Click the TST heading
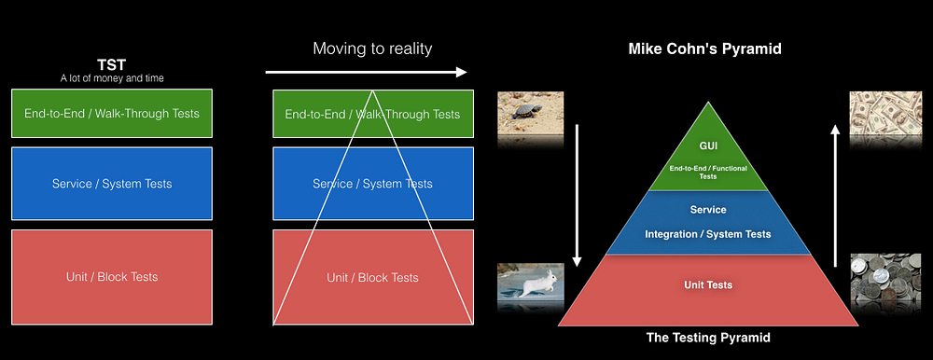pos(112,65)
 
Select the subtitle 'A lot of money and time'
pos(112,78)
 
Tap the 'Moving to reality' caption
pos(372,48)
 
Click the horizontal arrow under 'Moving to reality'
pos(366,73)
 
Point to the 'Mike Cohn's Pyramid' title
pos(705,49)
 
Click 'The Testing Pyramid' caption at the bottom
pos(708,338)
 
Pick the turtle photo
pos(530,113)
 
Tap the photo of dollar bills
pos(884,113)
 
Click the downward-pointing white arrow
pos(576,195)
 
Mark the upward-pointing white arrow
pos(835,195)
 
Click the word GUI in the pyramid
pos(708,145)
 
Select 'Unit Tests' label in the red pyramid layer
pos(708,285)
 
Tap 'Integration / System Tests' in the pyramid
pos(708,234)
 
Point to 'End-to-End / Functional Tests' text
pos(708,173)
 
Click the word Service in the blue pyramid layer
pos(708,210)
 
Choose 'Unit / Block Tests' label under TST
pos(112,277)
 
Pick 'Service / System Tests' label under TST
pos(112,184)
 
